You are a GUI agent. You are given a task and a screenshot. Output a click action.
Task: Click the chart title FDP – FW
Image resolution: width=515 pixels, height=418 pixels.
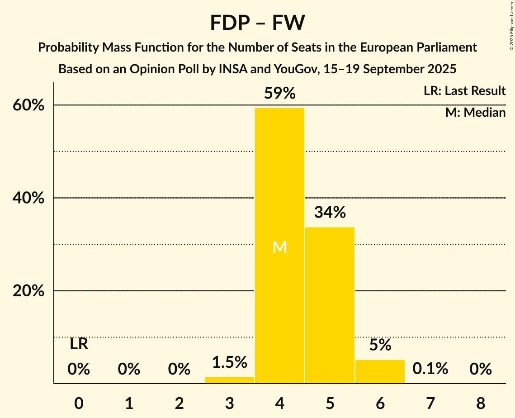coord(257,23)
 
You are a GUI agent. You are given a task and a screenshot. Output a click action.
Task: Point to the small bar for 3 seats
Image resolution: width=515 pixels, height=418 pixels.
coord(229,380)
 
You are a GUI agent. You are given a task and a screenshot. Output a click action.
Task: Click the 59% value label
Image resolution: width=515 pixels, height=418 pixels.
coord(279,94)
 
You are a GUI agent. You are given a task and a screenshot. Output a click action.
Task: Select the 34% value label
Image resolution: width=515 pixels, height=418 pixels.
coord(330,212)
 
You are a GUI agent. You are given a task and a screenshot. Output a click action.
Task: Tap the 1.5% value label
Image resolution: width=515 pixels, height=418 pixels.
coord(229,362)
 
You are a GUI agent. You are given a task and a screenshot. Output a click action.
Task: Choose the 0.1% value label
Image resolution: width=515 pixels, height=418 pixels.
coord(430,369)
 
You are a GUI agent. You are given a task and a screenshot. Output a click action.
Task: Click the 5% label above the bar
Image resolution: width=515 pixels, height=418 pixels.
coord(380,345)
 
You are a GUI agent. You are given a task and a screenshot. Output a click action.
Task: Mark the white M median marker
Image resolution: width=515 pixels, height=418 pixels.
coord(280,247)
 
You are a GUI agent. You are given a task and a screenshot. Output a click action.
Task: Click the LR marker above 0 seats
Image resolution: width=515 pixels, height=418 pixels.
coord(79,345)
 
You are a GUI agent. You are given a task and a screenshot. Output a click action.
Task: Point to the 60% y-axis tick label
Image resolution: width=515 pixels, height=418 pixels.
coord(28,105)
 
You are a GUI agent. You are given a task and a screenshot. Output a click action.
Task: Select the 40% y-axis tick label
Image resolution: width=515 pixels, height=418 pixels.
coord(28,198)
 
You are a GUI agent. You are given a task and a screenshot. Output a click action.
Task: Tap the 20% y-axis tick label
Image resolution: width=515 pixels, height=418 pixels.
coord(28,291)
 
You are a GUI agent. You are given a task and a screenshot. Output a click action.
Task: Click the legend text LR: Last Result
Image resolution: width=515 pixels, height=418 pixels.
coord(464,91)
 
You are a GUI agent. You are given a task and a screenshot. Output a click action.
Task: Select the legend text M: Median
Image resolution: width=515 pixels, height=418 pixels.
coord(475,113)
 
